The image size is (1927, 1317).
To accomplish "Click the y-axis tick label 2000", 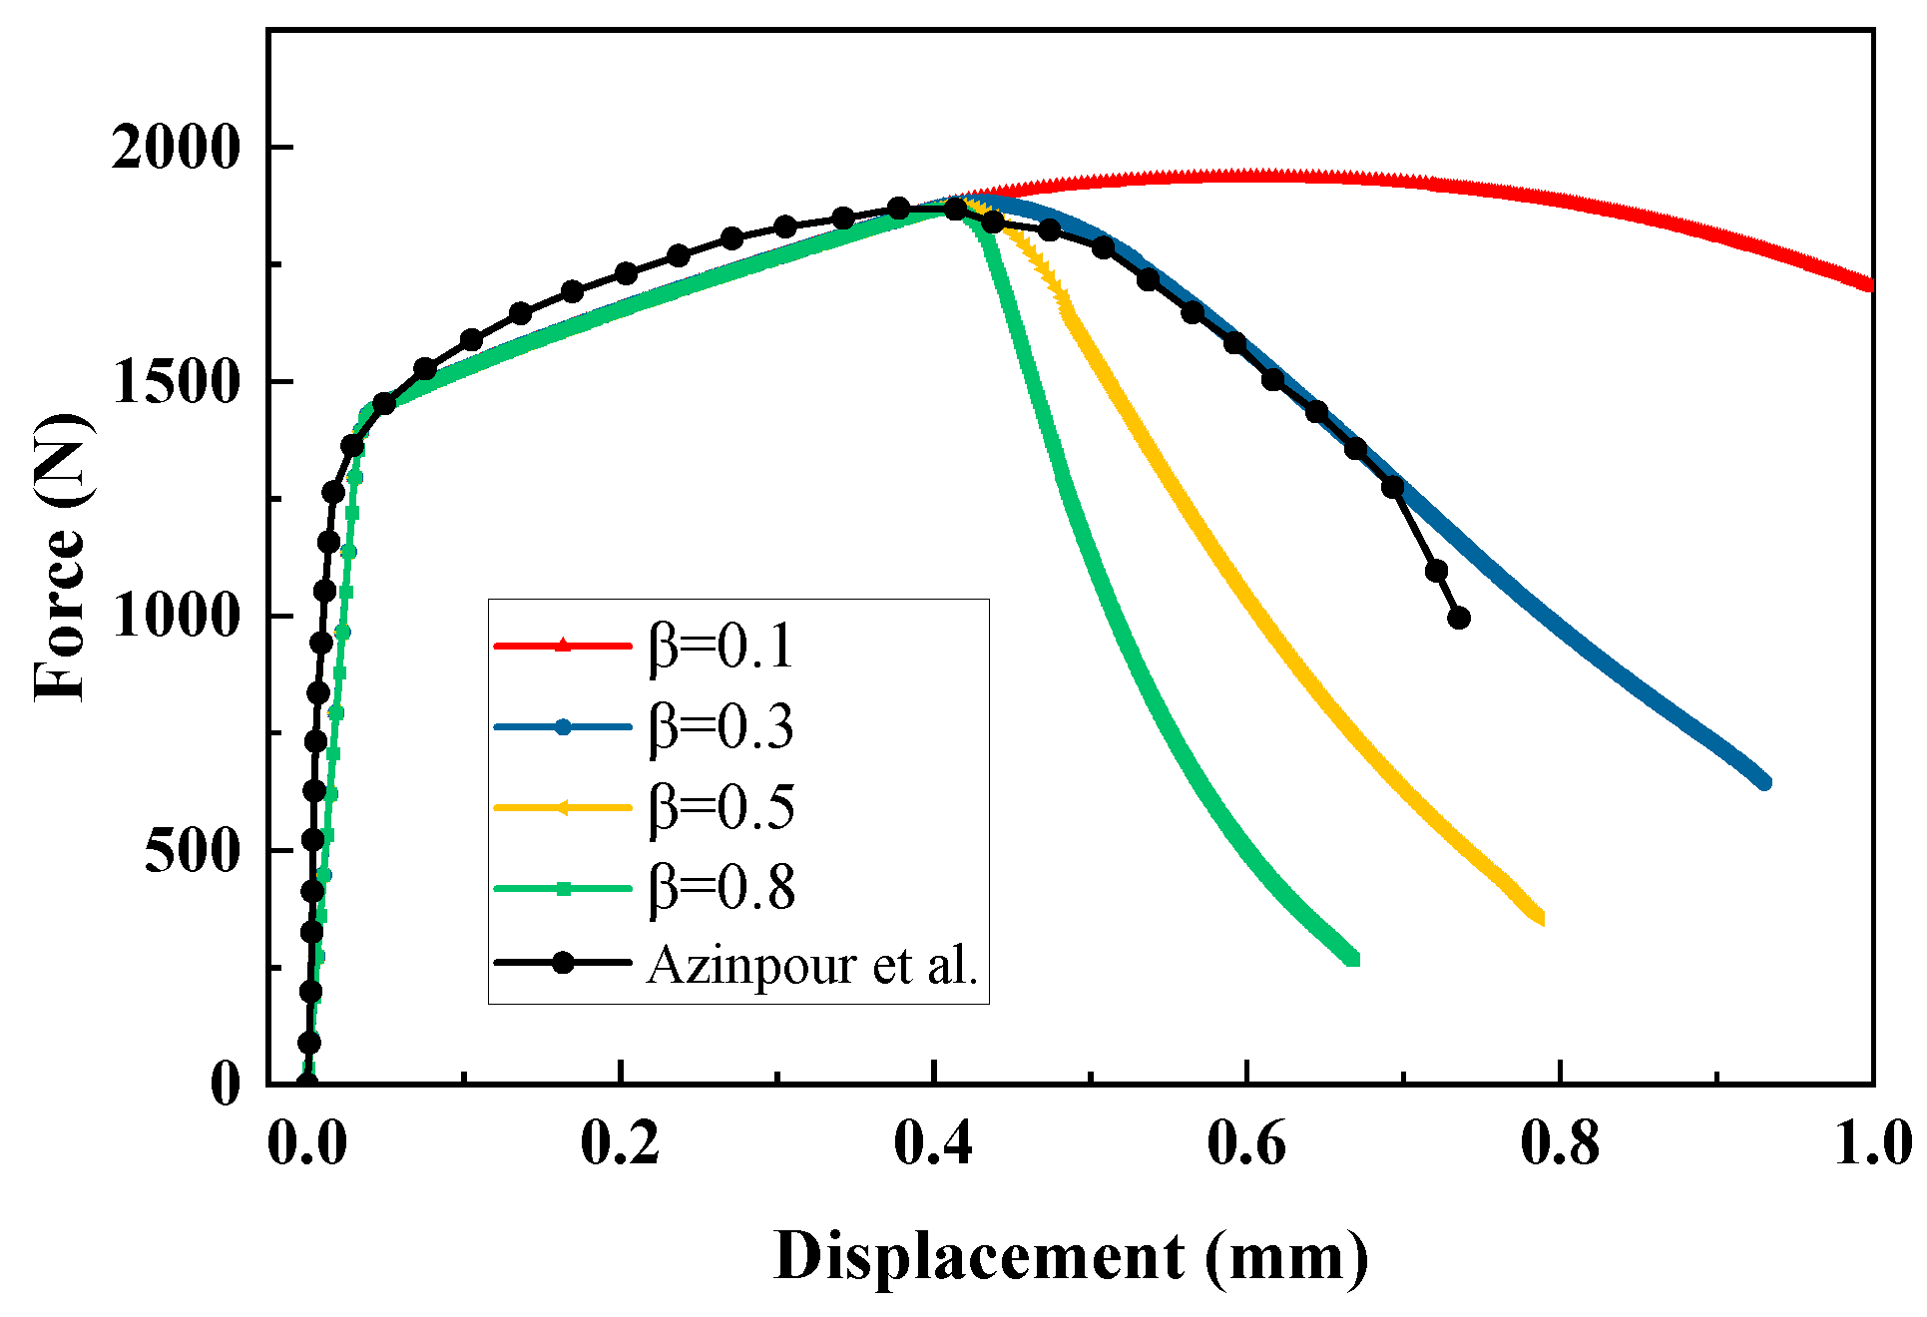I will (x=176, y=148).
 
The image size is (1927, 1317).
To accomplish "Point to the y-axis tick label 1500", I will (x=176, y=382).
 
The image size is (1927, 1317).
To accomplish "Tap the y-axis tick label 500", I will (x=192, y=851).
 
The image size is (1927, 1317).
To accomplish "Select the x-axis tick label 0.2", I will (x=620, y=1143).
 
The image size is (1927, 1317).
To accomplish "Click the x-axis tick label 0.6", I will (x=1246, y=1143).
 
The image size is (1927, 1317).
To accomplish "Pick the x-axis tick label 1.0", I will (x=1873, y=1143).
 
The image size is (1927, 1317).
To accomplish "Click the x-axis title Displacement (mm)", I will (x=1071, y=1257).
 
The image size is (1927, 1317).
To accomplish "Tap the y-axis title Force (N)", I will (x=60, y=557).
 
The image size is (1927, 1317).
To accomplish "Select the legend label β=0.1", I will (x=721, y=647).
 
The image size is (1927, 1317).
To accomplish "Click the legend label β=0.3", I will (x=721, y=726).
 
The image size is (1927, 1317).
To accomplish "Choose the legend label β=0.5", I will (x=721, y=807).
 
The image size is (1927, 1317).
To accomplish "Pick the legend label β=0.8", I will (x=721, y=887).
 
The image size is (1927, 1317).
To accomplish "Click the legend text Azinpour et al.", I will (x=812, y=965).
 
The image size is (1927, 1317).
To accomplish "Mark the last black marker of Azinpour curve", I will (x=1459, y=618).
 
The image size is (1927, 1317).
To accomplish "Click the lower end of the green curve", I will (x=1353, y=959).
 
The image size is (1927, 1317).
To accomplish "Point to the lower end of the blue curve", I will (x=1764, y=782).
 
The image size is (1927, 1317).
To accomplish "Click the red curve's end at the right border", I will (x=1870, y=285).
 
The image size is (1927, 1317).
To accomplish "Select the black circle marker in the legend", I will (x=563, y=963).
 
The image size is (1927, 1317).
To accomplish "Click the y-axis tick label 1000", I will (x=176, y=617).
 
